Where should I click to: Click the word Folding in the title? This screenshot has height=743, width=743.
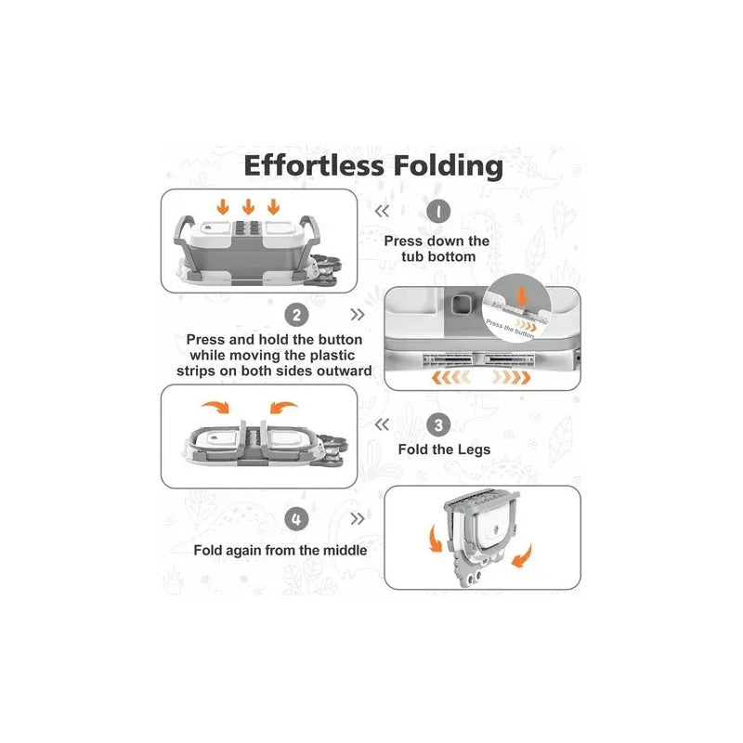coord(449,167)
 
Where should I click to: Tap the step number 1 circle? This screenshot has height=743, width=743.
coord(438,212)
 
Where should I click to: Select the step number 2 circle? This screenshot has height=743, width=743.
coord(296,315)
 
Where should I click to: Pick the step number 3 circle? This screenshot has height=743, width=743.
coord(438,425)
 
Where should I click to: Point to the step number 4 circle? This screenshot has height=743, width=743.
coord(296,519)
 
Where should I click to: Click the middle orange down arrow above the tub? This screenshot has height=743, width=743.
coord(248,206)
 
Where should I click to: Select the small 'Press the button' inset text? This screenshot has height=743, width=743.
coord(510,329)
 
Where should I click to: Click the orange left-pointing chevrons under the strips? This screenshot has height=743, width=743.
coord(450,378)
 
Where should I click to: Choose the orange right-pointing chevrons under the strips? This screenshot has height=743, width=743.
coord(512,378)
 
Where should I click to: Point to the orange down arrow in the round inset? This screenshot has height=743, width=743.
coord(522,296)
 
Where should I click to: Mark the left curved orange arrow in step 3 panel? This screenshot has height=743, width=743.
coord(217,407)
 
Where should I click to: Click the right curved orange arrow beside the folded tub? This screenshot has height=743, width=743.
coord(522,556)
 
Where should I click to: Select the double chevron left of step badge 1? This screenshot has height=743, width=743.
coord(382,212)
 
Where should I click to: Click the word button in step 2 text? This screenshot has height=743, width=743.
coord(340,340)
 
